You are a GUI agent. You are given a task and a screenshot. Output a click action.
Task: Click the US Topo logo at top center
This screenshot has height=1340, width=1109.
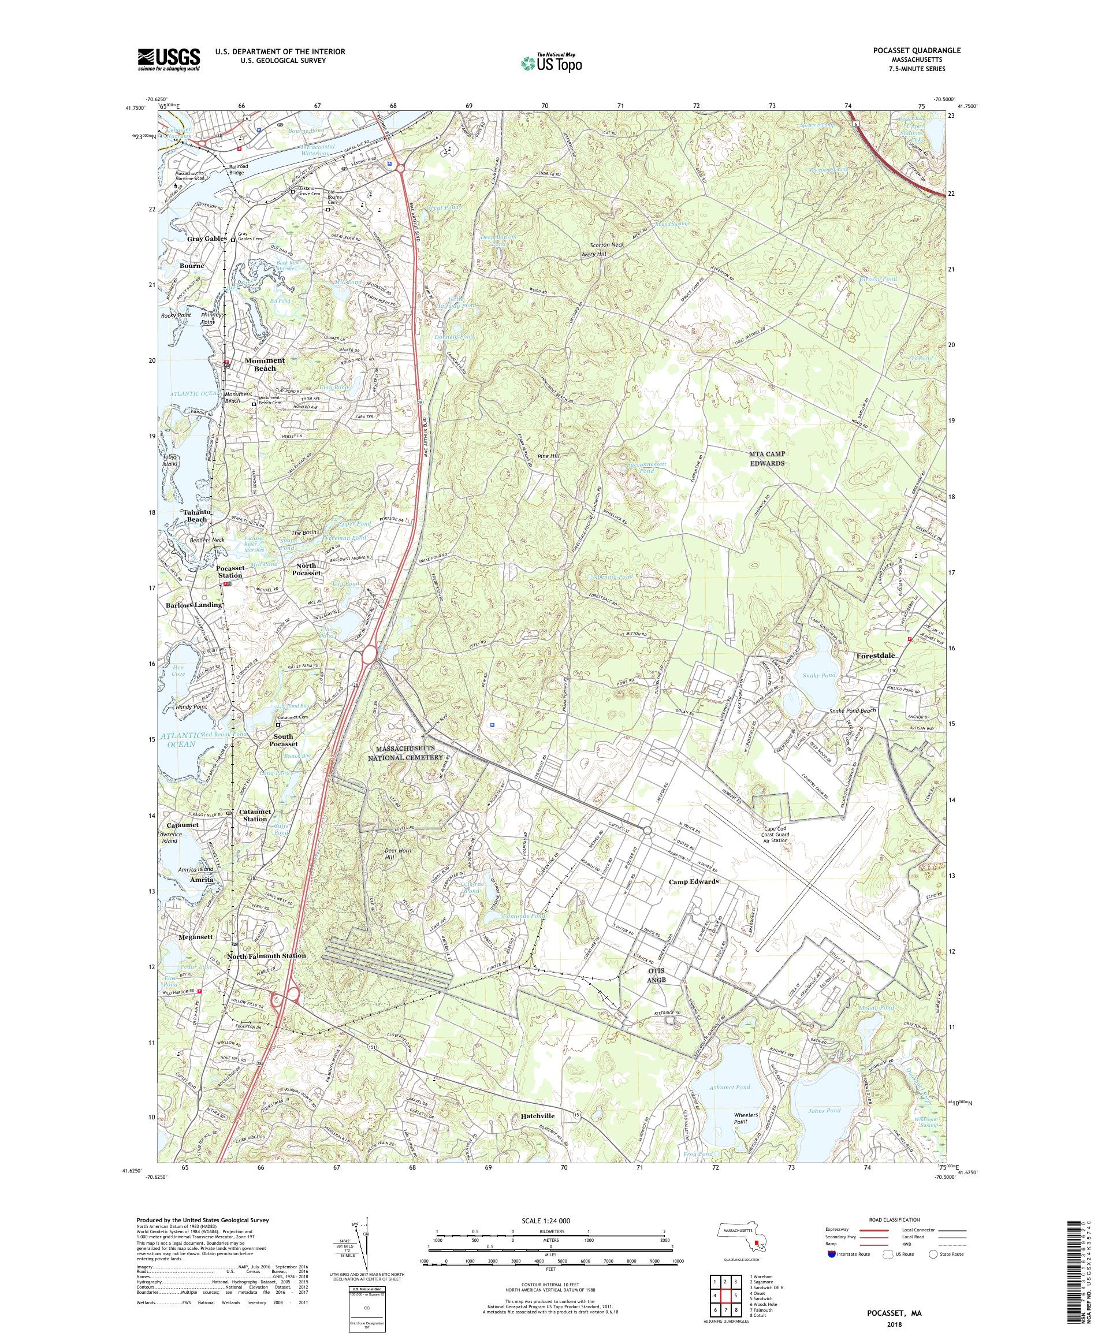[x=552, y=61]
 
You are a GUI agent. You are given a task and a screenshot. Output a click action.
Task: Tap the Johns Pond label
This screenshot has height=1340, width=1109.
[x=824, y=1111]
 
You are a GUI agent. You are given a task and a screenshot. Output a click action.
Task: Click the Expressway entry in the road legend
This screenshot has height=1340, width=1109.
[x=837, y=1230]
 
